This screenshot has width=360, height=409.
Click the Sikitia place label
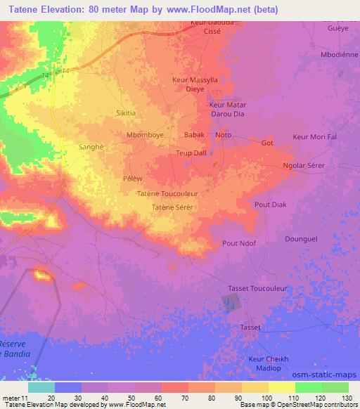[x=127, y=112]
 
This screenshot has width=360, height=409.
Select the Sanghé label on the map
[x=91, y=148]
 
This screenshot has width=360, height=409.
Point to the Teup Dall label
[x=191, y=152]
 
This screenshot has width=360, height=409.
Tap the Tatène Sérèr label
[x=172, y=207]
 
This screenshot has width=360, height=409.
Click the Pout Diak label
[x=270, y=204]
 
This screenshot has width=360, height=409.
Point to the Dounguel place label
[x=302, y=239]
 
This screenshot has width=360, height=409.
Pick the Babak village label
[x=193, y=134]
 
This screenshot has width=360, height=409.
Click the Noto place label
[x=224, y=134]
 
